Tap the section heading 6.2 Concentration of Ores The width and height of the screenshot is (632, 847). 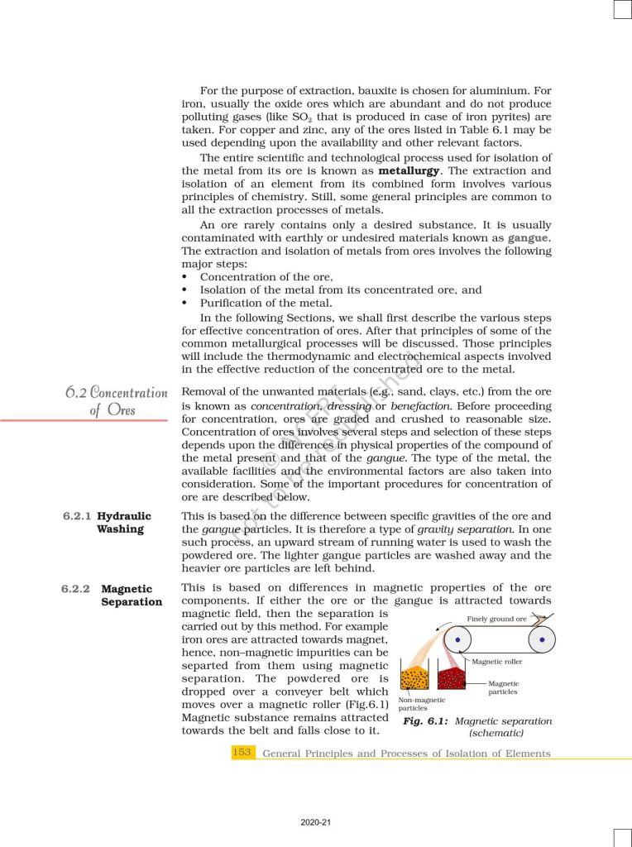[x=116, y=400]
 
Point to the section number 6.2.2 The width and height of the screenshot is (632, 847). [x=76, y=589]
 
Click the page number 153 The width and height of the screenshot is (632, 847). [x=242, y=753]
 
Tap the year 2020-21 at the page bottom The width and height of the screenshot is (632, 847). [x=315, y=822]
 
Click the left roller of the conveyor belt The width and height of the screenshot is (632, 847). [x=456, y=639]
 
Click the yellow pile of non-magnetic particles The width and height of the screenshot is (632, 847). [x=414, y=677]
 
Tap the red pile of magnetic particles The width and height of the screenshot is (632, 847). [x=454, y=677]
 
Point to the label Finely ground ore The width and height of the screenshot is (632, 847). [x=496, y=619]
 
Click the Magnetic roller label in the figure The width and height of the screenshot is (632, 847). [x=497, y=662]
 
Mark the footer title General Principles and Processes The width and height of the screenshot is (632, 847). [x=405, y=754]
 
